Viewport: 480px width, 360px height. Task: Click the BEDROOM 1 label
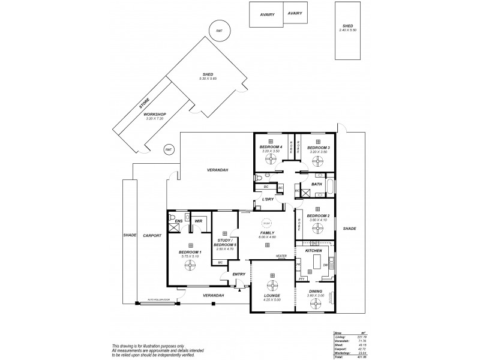tap(190, 252)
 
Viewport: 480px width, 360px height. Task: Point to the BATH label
tap(316, 184)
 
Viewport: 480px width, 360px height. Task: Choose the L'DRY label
tap(268, 200)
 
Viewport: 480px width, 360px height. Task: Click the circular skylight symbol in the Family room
tap(266, 221)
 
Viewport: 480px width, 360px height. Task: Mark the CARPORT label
tap(152, 236)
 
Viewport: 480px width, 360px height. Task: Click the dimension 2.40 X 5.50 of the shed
tap(347, 29)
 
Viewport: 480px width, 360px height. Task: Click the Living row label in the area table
tap(338, 338)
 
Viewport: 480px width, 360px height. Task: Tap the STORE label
tap(144, 104)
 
